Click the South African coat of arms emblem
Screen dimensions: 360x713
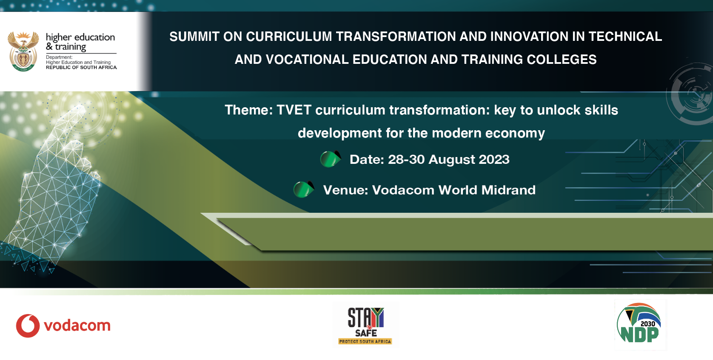[x=23, y=51]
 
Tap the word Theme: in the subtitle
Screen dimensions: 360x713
[x=249, y=110]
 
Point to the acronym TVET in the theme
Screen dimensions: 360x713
[x=294, y=110]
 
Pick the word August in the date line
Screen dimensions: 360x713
[x=452, y=160]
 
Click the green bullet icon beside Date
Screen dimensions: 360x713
[x=330, y=159]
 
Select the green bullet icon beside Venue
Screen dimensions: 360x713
[x=303, y=189]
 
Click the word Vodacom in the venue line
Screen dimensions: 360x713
[x=403, y=190]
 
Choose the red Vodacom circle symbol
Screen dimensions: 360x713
[x=28, y=326]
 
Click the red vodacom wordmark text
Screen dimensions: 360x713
[x=77, y=326]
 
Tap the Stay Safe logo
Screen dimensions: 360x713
[x=365, y=325]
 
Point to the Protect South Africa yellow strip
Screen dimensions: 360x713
[x=365, y=341]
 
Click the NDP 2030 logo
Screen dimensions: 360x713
[x=640, y=324]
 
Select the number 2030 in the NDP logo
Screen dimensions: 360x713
[x=648, y=324]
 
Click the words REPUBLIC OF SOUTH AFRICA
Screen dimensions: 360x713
[x=81, y=68]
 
